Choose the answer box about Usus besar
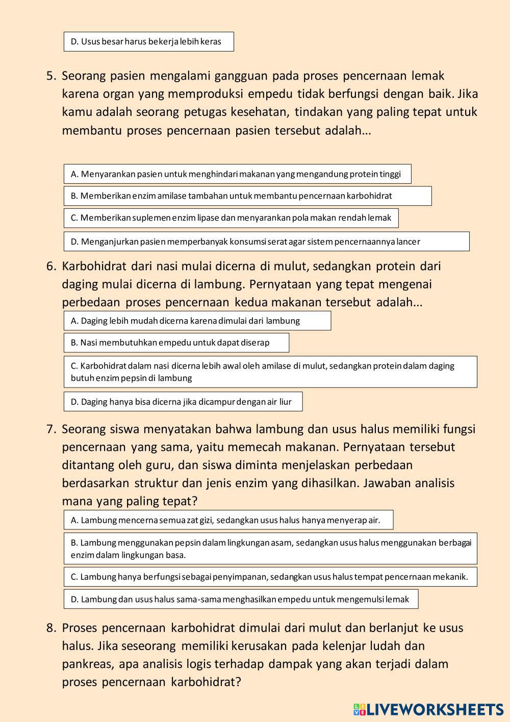coord(148,42)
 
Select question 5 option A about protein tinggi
coord(237,174)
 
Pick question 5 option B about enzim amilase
coord(247,196)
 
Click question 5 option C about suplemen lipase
coord(231,218)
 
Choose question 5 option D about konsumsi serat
coord(266,242)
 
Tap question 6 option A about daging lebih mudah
coord(197,321)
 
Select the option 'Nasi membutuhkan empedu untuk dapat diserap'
coord(176,343)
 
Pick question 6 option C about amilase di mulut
coord(270,372)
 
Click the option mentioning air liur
coord(183,402)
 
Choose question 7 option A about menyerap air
coord(228,520)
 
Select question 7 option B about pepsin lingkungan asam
coord(270,548)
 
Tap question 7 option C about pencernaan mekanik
coord(270,577)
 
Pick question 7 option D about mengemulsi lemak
coord(241,599)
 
